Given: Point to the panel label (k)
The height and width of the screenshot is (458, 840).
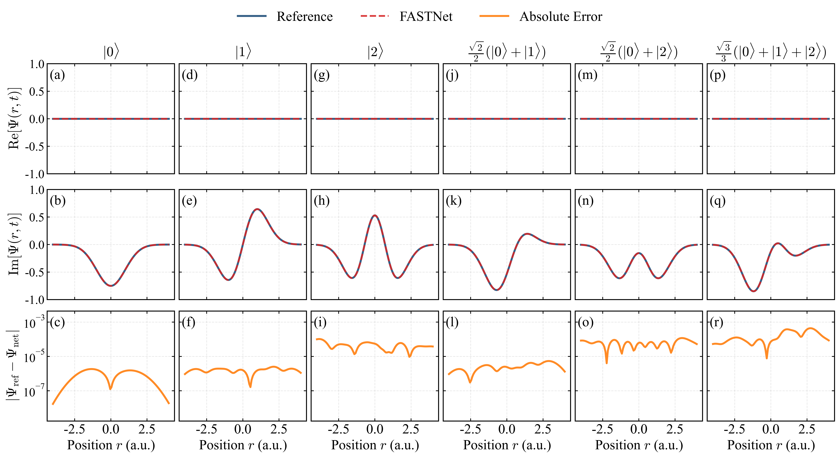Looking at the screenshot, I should pyautogui.click(x=454, y=201).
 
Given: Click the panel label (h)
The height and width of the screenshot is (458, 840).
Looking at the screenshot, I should pyautogui.click(x=321, y=201).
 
